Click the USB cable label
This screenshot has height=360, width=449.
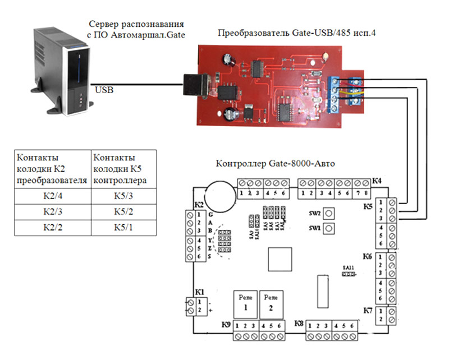[105, 89]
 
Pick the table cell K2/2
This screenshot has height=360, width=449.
[53, 229]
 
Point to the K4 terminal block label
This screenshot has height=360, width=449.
[377, 182]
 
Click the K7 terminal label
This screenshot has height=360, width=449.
[368, 310]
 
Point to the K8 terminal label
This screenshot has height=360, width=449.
[299, 324]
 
